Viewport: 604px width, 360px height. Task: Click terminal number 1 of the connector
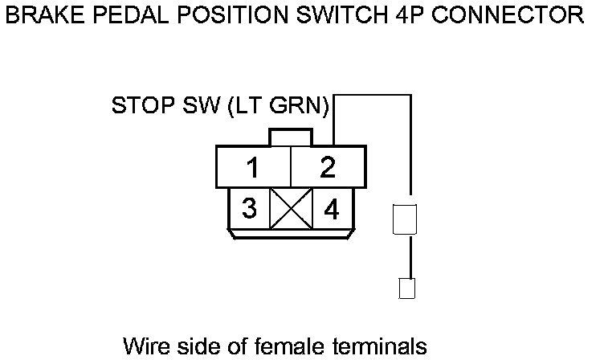click(x=253, y=168)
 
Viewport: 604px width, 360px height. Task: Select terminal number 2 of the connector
click(x=328, y=168)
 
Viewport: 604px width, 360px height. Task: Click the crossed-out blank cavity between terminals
click(x=290, y=209)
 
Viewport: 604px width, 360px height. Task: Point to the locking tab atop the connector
click(x=290, y=137)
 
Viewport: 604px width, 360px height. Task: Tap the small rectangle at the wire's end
click(x=406, y=288)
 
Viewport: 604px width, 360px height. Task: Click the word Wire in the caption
click(x=145, y=346)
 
